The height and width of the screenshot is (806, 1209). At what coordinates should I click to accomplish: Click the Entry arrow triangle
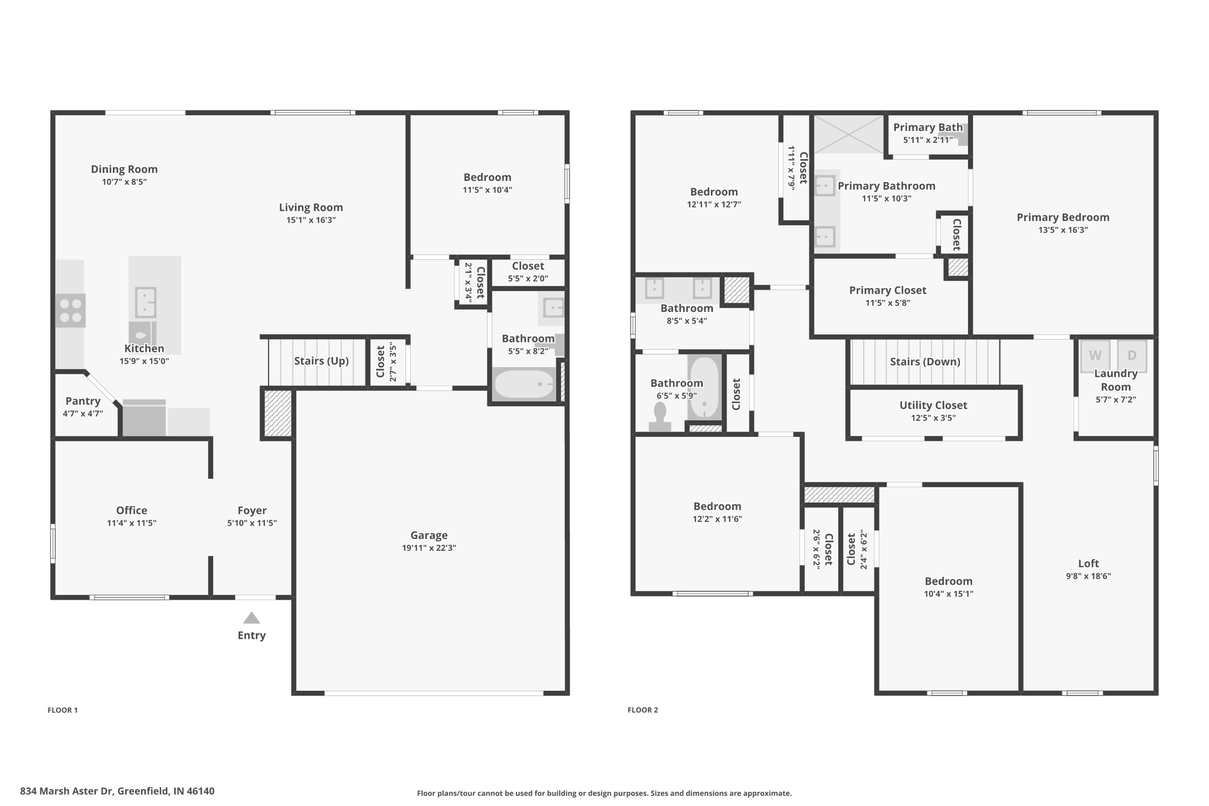[251, 618]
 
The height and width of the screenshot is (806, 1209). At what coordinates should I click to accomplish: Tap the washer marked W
[1095, 355]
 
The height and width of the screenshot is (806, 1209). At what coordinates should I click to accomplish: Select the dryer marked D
[1132, 355]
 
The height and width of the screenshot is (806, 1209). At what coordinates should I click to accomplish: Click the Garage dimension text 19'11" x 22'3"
[429, 548]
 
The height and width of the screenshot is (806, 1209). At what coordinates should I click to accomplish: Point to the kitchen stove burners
[71, 311]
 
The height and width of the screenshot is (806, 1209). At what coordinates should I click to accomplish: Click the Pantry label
[83, 401]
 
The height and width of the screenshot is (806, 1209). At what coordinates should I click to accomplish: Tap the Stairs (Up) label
[321, 361]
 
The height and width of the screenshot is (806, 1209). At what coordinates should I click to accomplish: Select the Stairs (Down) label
[924, 361]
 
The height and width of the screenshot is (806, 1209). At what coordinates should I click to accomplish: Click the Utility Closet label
[933, 405]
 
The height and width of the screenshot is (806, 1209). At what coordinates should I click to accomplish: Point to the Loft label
[1088, 563]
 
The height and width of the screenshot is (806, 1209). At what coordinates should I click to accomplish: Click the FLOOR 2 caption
[642, 710]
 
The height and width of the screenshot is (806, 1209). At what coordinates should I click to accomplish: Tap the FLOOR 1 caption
[63, 710]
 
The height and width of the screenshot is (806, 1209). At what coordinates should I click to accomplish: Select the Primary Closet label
[887, 290]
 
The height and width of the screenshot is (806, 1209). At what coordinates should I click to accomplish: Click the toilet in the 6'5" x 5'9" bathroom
[659, 417]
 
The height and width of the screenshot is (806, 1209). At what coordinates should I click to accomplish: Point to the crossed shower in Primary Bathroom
[849, 134]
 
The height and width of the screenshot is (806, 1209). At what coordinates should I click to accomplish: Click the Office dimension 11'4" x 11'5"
[131, 523]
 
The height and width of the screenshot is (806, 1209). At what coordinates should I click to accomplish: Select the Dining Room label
[124, 169]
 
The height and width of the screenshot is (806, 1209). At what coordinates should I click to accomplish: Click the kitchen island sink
[145, 302]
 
